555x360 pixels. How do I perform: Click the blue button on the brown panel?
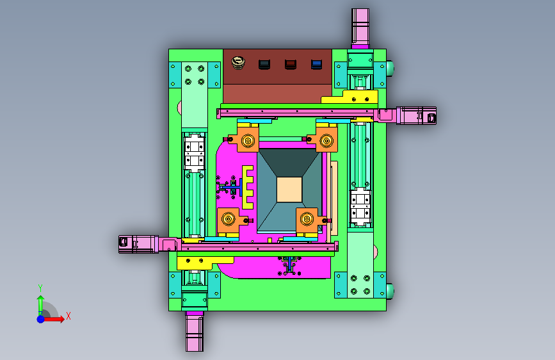(316, 64)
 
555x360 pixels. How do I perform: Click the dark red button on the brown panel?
(291, 64)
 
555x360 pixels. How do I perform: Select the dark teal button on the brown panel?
(264, 64)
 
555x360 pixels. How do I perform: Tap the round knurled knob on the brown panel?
(238, 63)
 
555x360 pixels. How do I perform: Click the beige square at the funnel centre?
(289, 190)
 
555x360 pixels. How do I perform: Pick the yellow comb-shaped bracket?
(248, 187)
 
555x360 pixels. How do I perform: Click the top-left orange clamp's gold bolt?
(248, 141)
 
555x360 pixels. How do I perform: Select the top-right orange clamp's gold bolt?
(326, 141)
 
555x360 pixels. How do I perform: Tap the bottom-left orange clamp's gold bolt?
(229, 219)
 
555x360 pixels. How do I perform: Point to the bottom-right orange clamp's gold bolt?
(307, 219)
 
